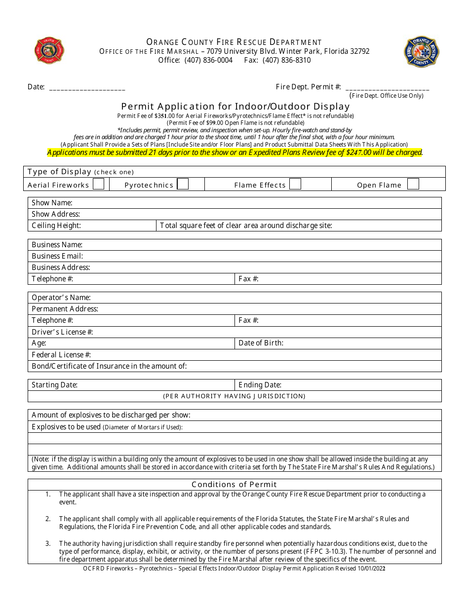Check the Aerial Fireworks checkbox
pos(99,184)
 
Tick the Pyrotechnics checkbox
pos(183,184)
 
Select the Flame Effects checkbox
pos(295,184)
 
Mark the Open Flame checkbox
pos(413,184)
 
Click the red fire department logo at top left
pos(49,50)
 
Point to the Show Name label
pos(52,203)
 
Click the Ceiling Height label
pos(56,226)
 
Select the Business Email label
pos(57,256)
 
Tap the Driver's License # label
pos(62,332)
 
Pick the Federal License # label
pos(61,355)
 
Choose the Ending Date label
pos(260,385)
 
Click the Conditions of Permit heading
pos(234,485)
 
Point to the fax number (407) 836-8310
pos(286,60)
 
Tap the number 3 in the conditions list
pos(48,543)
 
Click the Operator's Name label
pos(61,298)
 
